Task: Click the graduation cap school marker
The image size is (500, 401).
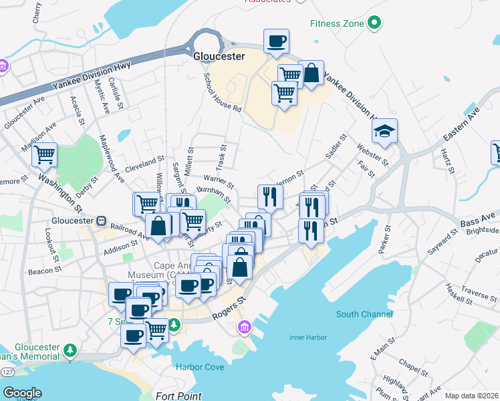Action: click(x=384, y=131)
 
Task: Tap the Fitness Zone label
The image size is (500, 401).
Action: click(x=337, y=24)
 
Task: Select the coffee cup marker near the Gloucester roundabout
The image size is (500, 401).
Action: click(x=276, y=42)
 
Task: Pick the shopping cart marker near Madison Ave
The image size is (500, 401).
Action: click(x=44, y=154)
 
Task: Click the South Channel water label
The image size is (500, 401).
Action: click(x=361, y=314)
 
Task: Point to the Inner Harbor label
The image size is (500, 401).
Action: click(x=307, y=337)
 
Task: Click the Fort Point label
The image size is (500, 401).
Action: click(x=178, y=396)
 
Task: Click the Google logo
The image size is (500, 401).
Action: click(x=22, y=393)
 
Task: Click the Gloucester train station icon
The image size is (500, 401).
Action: click(x=101, y=220)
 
